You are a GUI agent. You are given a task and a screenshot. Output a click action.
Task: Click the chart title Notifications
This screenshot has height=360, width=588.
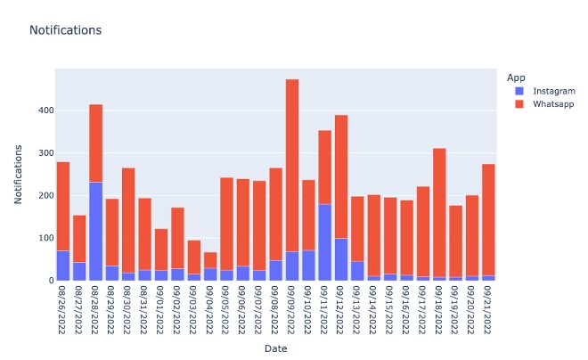click(x=65, y=30)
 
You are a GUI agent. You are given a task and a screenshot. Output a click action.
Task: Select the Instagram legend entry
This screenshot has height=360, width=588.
click(x=552, y=91)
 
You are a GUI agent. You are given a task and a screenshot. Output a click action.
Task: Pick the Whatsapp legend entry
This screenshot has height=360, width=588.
click(x=552, y=105)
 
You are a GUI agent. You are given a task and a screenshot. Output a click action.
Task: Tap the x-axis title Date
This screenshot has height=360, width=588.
click(x=275, y=348)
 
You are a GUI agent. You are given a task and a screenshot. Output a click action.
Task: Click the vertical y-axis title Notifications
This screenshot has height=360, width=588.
click(x=18, y=176)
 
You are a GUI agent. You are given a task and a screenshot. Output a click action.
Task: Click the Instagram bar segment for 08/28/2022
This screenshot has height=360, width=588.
click(x=95, y=231)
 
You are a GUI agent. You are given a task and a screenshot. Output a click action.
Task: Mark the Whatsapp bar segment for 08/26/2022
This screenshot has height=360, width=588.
click(x=62, y=206)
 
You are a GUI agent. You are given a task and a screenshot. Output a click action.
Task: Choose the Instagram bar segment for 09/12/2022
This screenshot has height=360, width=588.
click(x=341, y=259)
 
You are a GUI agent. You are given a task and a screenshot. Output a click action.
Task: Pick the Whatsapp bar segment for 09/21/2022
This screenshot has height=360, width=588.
click(x=488, y=219)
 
